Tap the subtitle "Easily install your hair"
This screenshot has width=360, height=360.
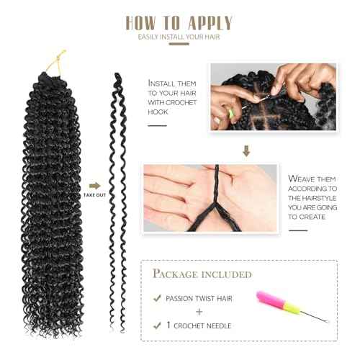point(180,36)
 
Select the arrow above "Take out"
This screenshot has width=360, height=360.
point(94,184)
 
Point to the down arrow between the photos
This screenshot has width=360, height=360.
point(246,151)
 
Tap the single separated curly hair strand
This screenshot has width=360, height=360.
point(116,202)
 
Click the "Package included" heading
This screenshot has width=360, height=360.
point(202,274)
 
